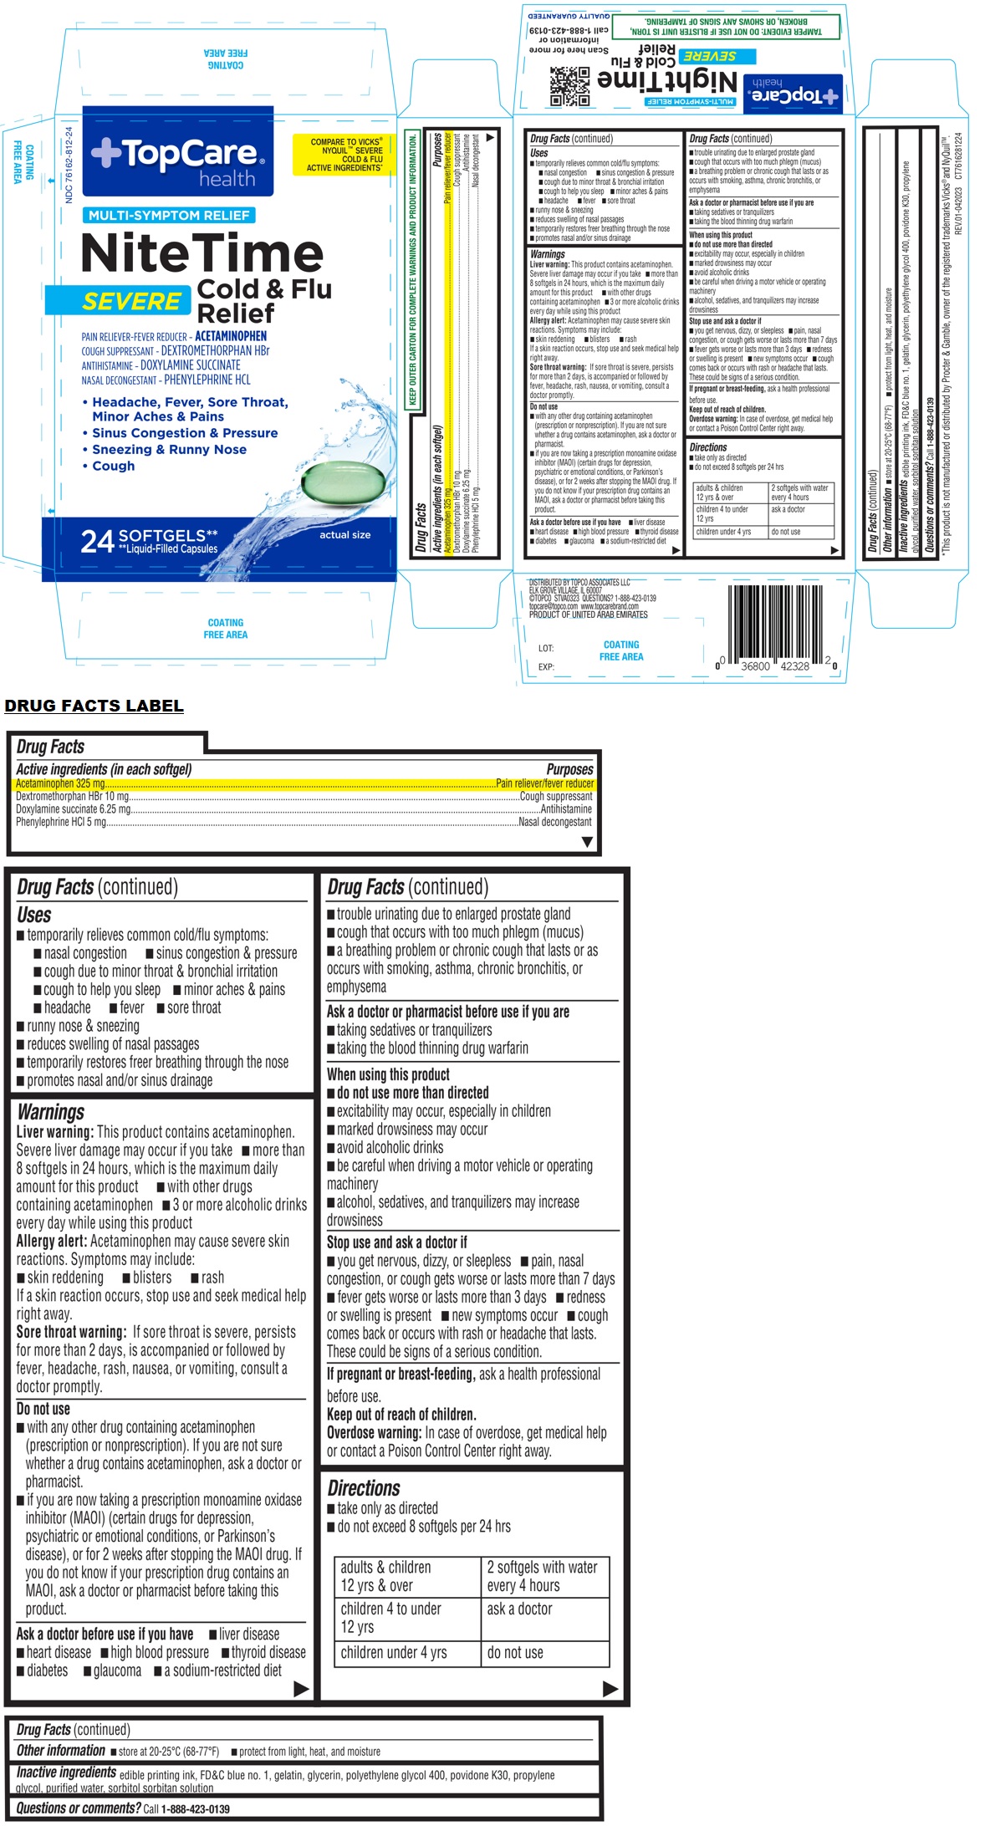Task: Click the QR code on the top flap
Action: click(569, 87)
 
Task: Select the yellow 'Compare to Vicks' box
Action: click(345, 155)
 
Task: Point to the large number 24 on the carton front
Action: click(97, 542)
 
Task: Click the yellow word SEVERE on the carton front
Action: click(132, 302)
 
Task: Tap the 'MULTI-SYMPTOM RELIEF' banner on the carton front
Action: click(169, 216)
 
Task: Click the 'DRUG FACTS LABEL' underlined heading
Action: click(94, 706)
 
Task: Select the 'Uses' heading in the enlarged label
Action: click(34, 915)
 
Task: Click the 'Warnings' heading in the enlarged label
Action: click(51, 1112)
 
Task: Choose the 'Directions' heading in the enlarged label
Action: click(364, 1488)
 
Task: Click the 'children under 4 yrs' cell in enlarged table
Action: click(394, 1653)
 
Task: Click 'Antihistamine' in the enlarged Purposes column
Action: click(566, 809)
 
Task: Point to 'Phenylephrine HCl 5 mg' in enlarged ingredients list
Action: click(61, 822)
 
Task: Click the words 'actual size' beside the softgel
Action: click(344, 534)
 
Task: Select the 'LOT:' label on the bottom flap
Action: click(546, 648)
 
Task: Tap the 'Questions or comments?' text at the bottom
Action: click(79, 1808)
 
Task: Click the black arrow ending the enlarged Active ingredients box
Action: click(587, 842)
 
